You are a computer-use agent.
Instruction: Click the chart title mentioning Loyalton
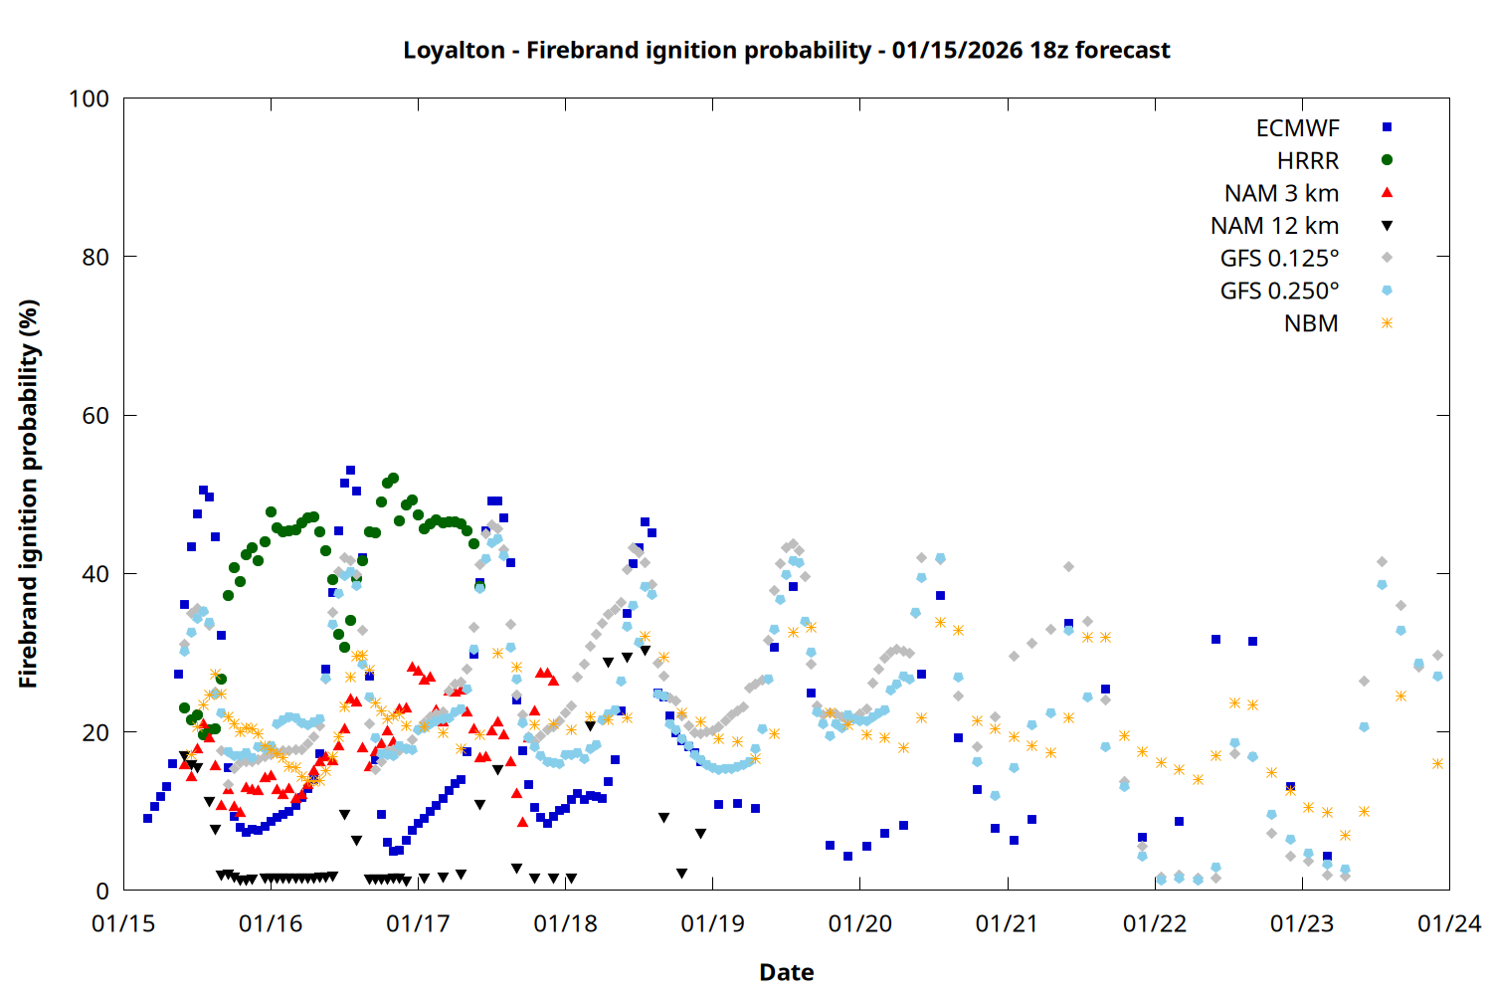tap(786, 50)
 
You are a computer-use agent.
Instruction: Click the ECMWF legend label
tap(1297, 128)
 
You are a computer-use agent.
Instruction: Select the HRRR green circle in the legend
tap(1387, 160)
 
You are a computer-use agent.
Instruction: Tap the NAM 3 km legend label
tap(1281, 193)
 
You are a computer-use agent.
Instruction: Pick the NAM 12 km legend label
tap(1274, 226)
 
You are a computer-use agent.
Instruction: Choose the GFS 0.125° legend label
tap(1279, 259)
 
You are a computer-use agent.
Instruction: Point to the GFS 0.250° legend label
tap(1279, 291)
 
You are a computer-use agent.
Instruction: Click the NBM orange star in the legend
tap(1387, 323)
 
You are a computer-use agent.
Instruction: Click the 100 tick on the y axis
tap(89, 99)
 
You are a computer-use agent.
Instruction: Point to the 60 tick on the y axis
tap(95, 416)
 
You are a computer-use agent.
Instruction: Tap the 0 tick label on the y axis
tap(102, 892)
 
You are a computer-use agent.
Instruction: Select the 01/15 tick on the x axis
tap(123, 923)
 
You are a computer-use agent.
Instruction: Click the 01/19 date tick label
tap(712, 923)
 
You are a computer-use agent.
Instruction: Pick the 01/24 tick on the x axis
tap(1448, 923)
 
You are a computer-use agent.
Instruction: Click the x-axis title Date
tap(786, 972)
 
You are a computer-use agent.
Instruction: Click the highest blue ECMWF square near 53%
tap(350, 470)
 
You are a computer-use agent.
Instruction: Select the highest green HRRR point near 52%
tap(393, 478)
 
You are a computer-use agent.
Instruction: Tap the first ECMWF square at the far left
tap(148, 818)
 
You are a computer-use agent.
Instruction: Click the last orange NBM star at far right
tap(1437, 763)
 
